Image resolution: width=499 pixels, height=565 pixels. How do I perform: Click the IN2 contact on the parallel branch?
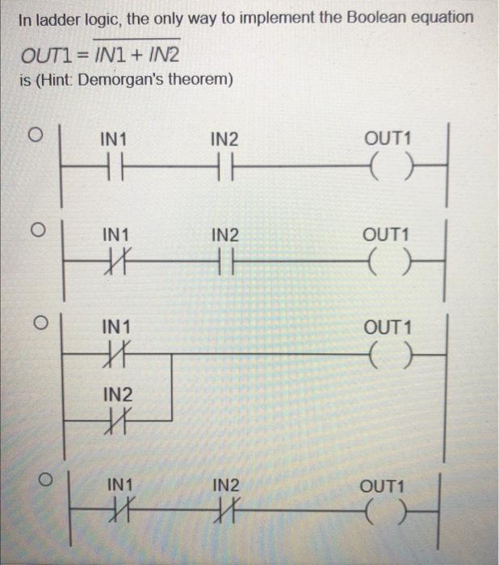tap(116, 421)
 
